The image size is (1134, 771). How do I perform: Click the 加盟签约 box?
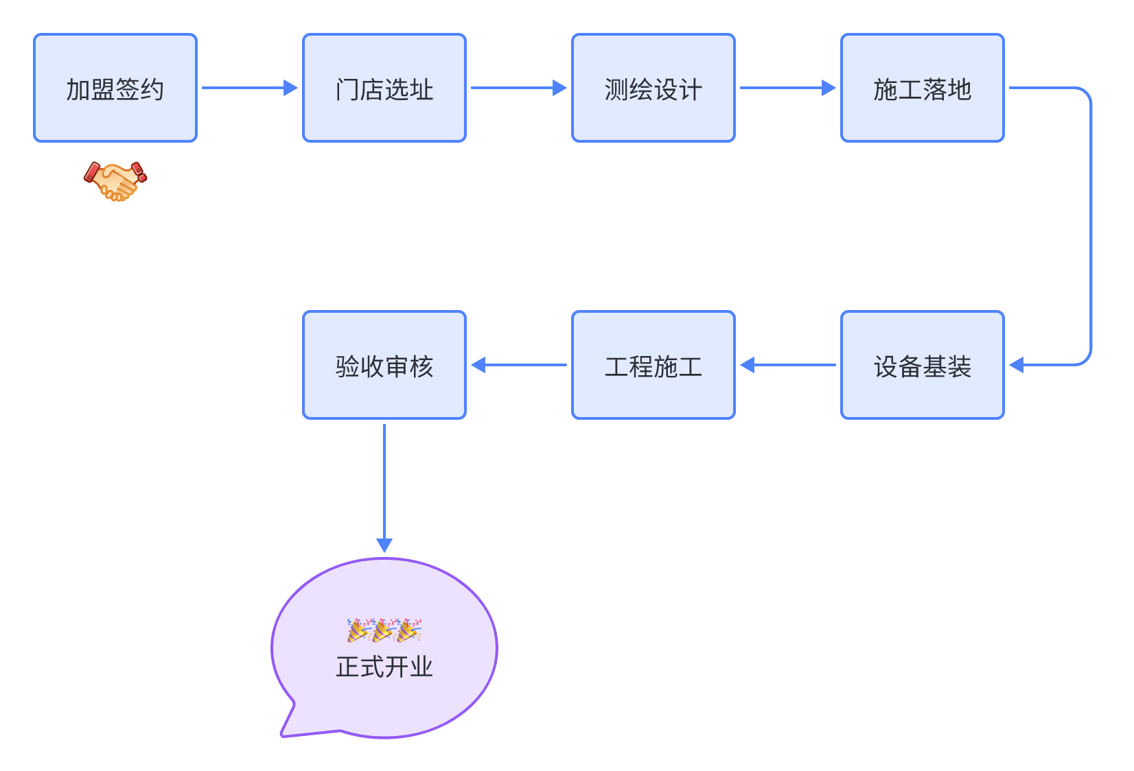115,88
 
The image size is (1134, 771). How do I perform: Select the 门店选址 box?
384,88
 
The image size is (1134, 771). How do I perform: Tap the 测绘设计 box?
653,88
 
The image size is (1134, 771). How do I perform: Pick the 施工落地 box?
923,88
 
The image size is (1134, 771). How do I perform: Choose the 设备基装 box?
923,365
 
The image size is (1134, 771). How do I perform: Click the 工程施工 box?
653,365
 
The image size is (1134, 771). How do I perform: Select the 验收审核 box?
384,365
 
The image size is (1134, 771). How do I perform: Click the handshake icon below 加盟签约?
115,181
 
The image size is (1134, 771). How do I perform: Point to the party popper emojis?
384,630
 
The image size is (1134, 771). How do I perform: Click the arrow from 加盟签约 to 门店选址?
249,88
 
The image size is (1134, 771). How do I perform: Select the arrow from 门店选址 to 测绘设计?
518,88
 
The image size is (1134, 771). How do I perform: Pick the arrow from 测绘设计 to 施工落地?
787,88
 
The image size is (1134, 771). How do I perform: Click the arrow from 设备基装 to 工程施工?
788,365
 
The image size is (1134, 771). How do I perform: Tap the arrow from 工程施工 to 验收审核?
519,365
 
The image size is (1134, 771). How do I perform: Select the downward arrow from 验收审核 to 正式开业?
384,487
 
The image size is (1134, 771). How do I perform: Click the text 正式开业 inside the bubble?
384,667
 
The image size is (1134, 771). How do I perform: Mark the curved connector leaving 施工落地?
1090,226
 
